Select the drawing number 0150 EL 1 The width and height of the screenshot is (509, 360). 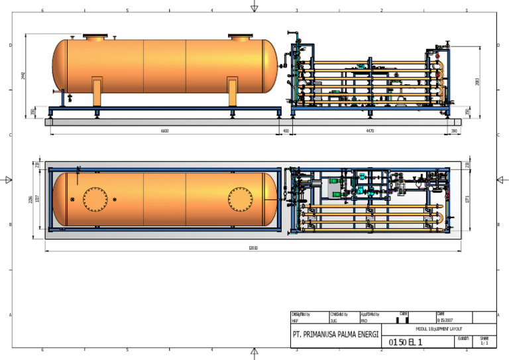click(405, 342)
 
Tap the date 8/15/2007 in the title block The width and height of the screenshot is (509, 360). click(445, 320)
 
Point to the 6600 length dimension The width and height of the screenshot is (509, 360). click(164, 131)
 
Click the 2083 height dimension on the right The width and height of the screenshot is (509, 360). click(477, 81)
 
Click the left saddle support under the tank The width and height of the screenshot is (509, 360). click(97, 91)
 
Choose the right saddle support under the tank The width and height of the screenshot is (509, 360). click(233, 91)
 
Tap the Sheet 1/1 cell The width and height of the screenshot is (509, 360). click(484, 340)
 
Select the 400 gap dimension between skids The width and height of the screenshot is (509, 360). click(286, 131)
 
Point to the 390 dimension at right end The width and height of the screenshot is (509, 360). click(454, 131)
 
